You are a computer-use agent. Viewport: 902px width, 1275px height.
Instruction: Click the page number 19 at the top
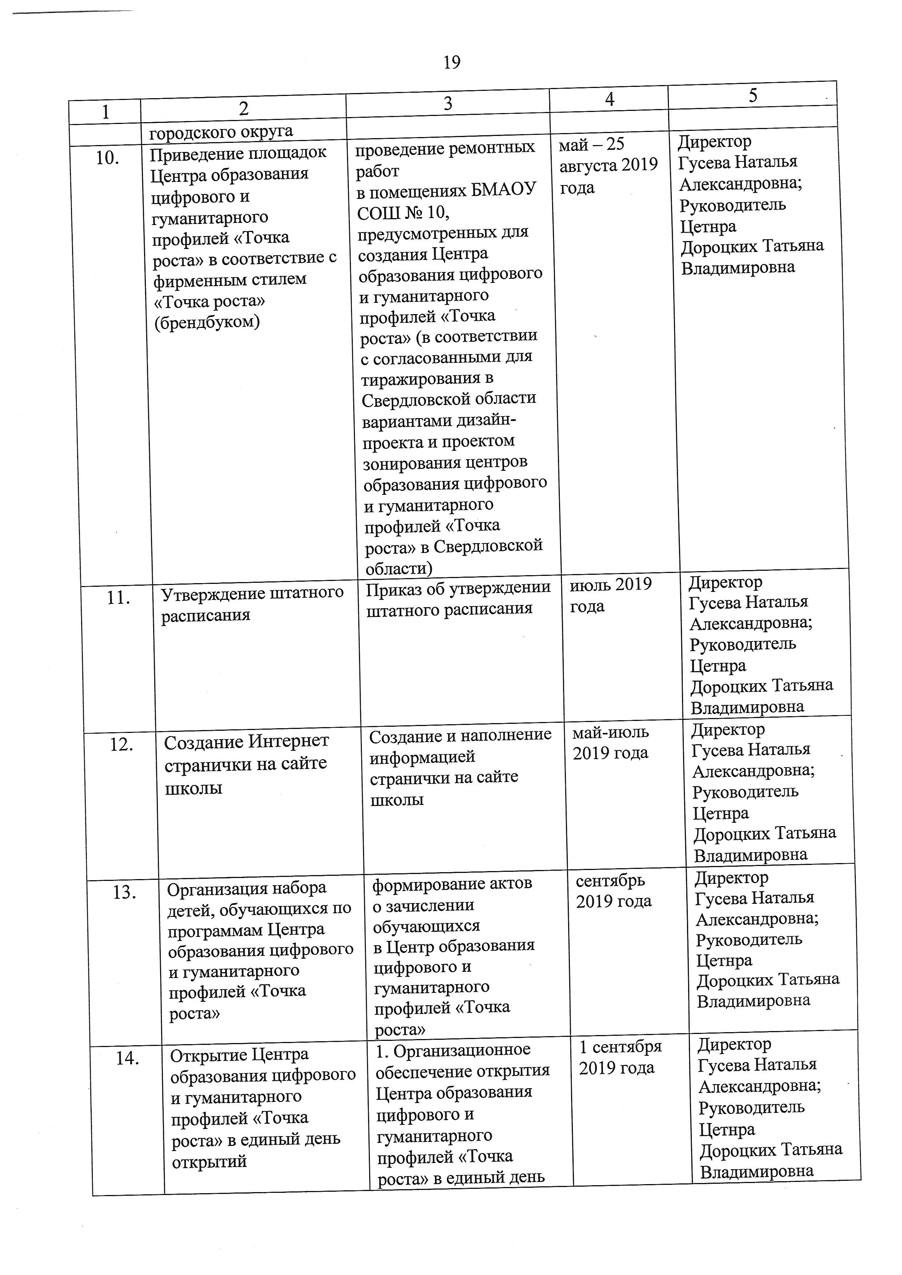(452, 62)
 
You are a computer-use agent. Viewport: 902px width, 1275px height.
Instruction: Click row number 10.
(107, 158)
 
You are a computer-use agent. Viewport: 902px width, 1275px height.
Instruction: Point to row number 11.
(118, 598)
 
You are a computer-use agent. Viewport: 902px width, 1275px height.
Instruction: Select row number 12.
(121, 744)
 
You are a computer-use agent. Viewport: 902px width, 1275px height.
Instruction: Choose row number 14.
(127, 1058)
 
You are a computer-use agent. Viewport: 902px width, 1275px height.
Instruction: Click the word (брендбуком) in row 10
(207, 322)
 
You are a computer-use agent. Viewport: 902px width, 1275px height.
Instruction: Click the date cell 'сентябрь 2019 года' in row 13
(613, 891)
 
